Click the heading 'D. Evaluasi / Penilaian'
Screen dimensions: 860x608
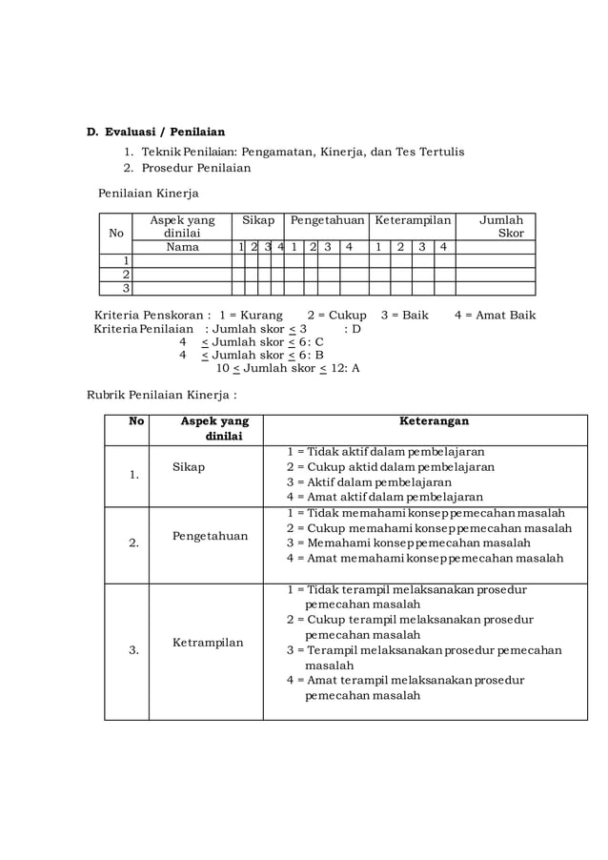point(156,132)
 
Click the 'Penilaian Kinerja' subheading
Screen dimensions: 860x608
point(149,194)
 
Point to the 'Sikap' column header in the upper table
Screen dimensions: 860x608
point(258,220)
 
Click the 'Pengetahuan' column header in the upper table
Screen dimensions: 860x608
point(327,220)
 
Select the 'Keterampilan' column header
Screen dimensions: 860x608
point(413,220)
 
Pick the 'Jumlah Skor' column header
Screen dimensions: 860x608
point(500,226)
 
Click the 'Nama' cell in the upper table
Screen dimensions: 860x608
point(182,247)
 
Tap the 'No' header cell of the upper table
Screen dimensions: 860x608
point(116,233)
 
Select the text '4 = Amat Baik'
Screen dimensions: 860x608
point(495,315)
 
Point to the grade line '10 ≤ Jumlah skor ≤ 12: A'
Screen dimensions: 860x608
point(287,368)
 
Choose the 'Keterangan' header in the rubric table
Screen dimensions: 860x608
point(434,420)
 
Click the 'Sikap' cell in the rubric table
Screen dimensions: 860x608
point(189,467)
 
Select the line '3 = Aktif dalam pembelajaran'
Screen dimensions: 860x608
point(369,482)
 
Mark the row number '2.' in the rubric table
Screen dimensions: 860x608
point(134,543)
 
